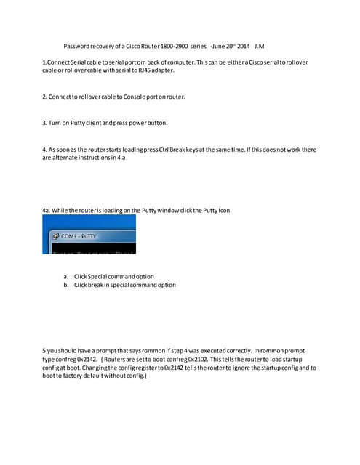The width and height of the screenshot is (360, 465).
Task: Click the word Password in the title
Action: coord(78,45)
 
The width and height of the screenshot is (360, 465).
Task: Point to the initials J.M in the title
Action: coord(260,45)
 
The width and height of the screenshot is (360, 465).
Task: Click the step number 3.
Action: coord(45,122)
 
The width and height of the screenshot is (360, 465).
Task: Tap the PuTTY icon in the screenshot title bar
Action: coord(55,237)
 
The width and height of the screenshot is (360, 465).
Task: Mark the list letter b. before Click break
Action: coord(66,285)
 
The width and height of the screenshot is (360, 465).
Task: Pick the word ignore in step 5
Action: coord(247,368)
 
